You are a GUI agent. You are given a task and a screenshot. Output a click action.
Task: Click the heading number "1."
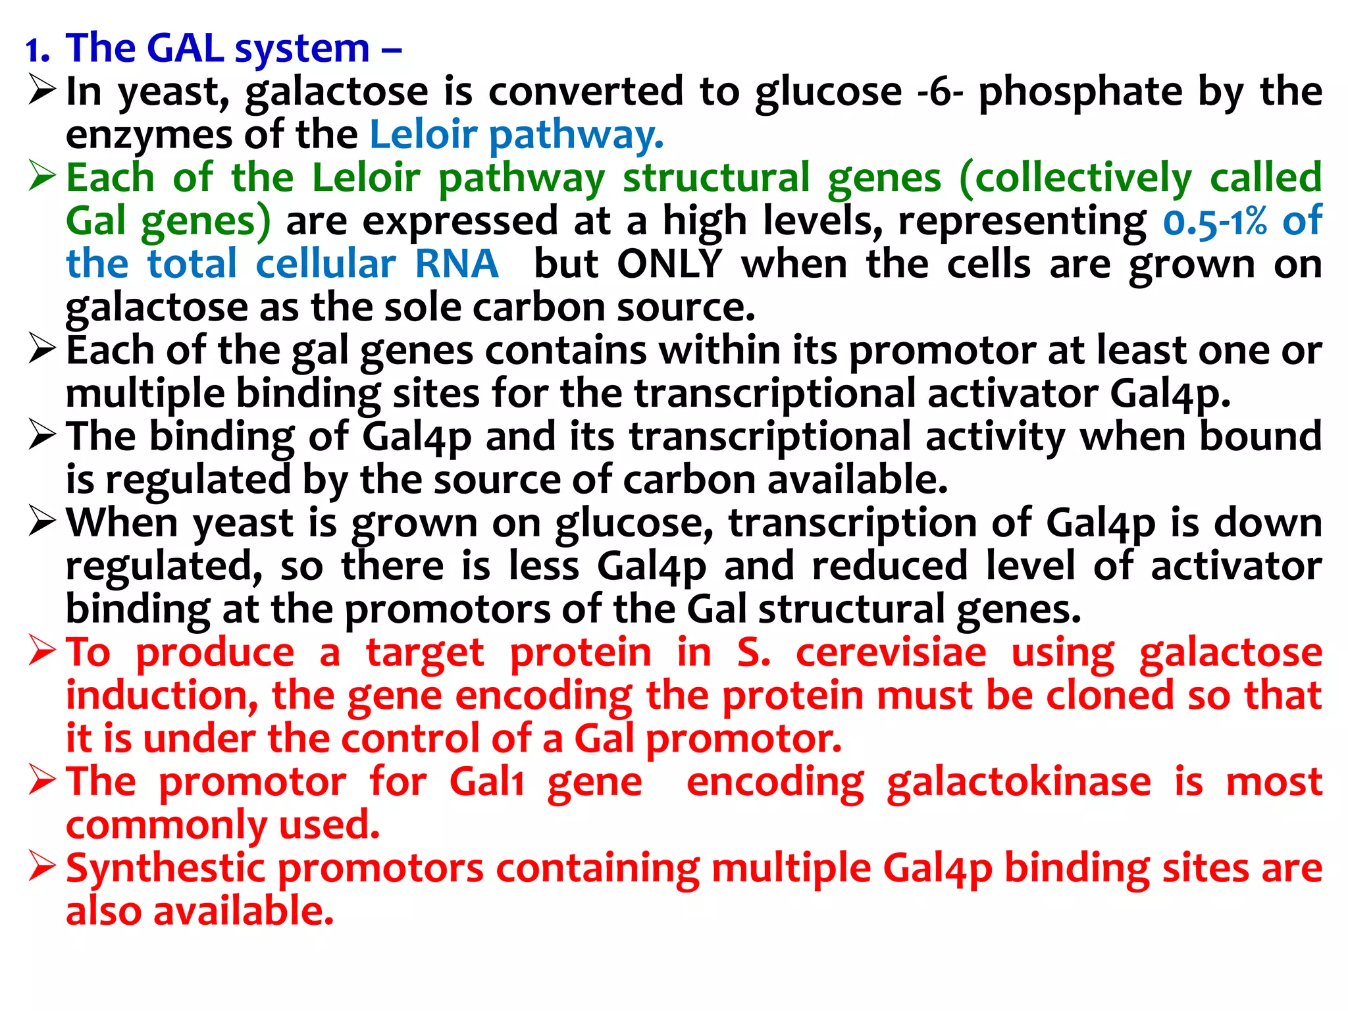point(38,50)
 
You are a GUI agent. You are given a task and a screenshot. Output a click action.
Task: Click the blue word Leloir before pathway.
point(423,135)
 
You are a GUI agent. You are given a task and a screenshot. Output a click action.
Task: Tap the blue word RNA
point(456,265)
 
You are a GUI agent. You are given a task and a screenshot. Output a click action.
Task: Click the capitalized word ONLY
point(669,265)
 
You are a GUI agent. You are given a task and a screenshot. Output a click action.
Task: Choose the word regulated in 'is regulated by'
point(197,480)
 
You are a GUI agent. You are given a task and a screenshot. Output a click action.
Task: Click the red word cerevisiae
point(891,653)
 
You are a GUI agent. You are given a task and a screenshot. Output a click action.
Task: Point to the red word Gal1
point(486,783)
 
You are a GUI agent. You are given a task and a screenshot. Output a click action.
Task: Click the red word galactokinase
point(1018,783)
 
